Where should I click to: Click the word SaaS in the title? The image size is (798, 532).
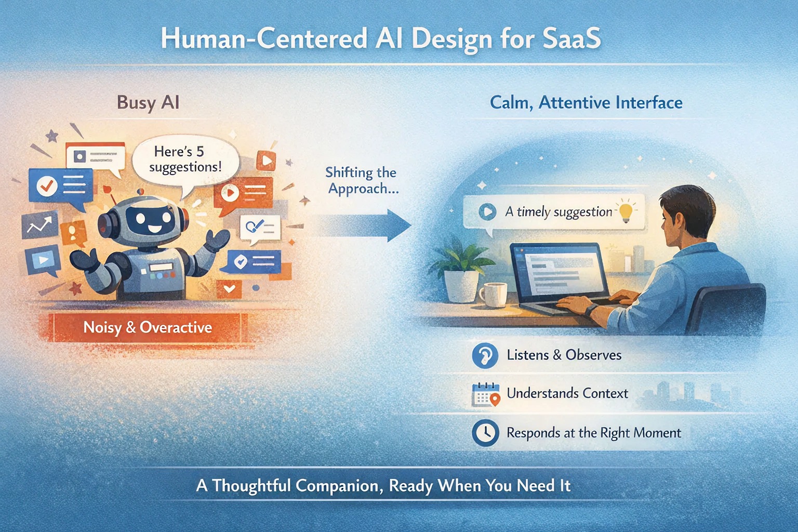571,39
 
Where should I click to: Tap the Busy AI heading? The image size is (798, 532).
148,102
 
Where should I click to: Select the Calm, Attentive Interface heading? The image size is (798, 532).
586,102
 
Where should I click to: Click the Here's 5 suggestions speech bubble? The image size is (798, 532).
186,159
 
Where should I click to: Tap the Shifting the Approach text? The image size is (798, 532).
362,180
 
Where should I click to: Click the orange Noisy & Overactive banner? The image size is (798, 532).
148,327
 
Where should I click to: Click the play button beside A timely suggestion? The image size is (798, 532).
487,211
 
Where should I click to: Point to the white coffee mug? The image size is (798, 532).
493,294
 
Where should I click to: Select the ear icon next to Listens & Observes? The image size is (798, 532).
485,355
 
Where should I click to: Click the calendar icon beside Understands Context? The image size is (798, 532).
485,394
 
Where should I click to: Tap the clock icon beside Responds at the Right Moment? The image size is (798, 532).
485,433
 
